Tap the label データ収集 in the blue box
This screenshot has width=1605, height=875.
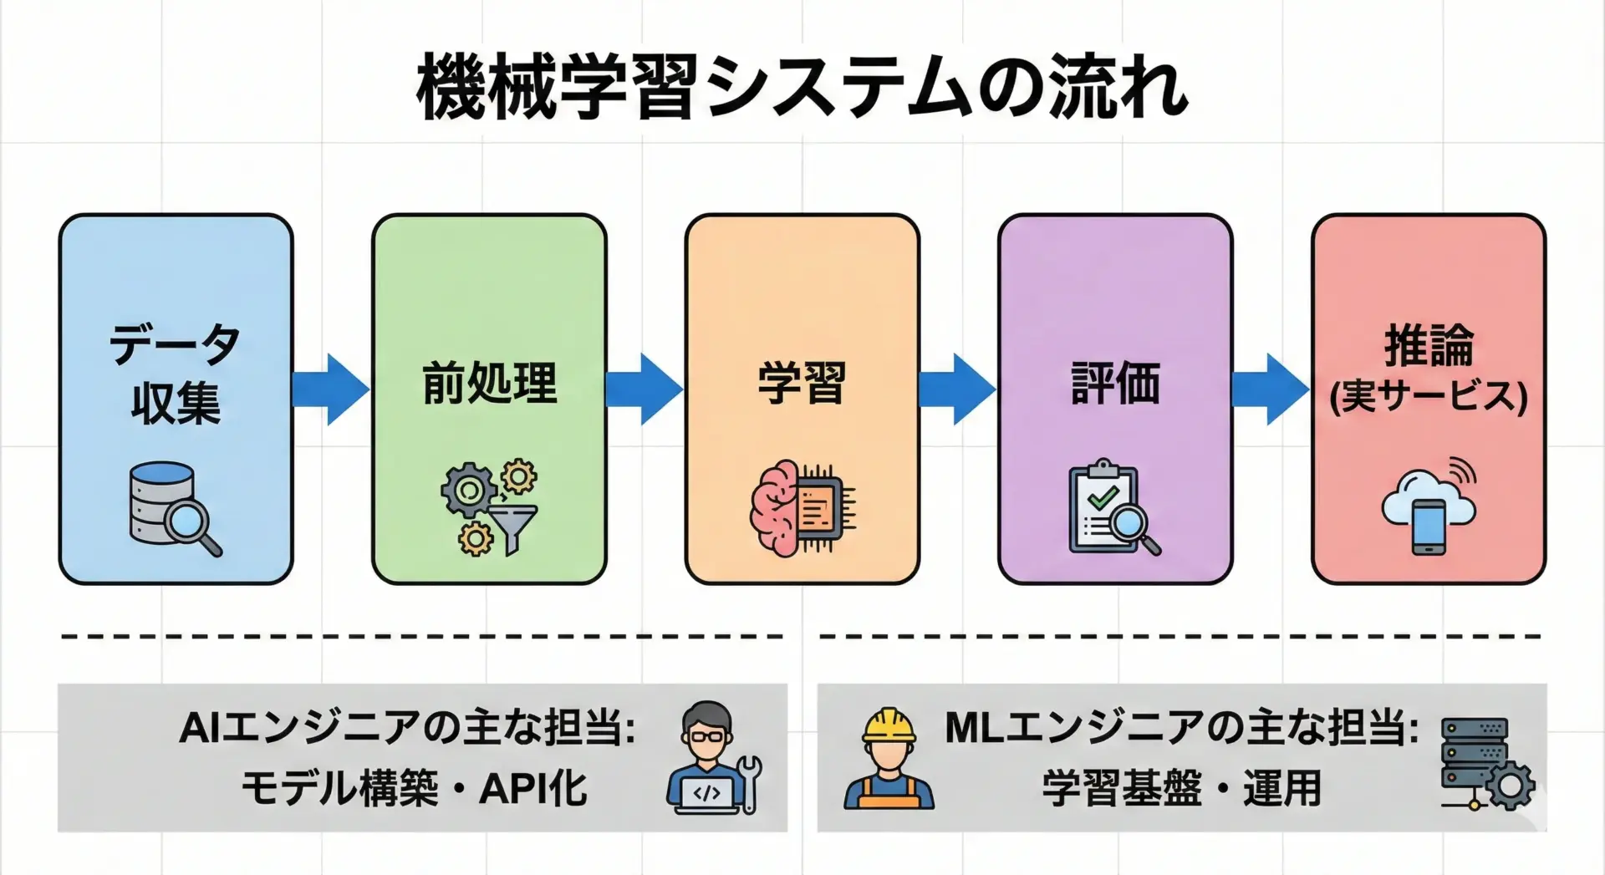pyautogui.click(x=176, y=373)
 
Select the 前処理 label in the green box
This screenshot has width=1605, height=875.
pyautogui.click(x=489, y=384)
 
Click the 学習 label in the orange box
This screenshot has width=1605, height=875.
pyautogui.click(x=802, y=384)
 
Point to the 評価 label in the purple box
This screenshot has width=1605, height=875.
pyautogui.click(x=1115, y=384)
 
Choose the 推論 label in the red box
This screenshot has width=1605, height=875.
pyautogui.click(x=1429, y=347)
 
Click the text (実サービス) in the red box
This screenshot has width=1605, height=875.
pyautogui.click(x=1429, y=396)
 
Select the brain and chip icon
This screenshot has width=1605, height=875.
pyautogui.click(x=802, y=508)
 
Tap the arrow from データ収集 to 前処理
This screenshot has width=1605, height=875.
pyautogui.click(x=332, y=389)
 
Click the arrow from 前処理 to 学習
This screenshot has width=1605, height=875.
pyautogui.click(x=645, y=389)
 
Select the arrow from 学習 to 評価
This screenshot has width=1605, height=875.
pyautogui.click(x=958, y=389)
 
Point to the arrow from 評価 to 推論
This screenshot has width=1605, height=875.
pyautogui.click(x=1271, y=389)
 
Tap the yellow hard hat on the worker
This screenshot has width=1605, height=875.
pyautogui.click(x=889, y=725)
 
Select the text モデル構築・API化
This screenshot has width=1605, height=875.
pyautogui.click(x=414, y=788)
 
